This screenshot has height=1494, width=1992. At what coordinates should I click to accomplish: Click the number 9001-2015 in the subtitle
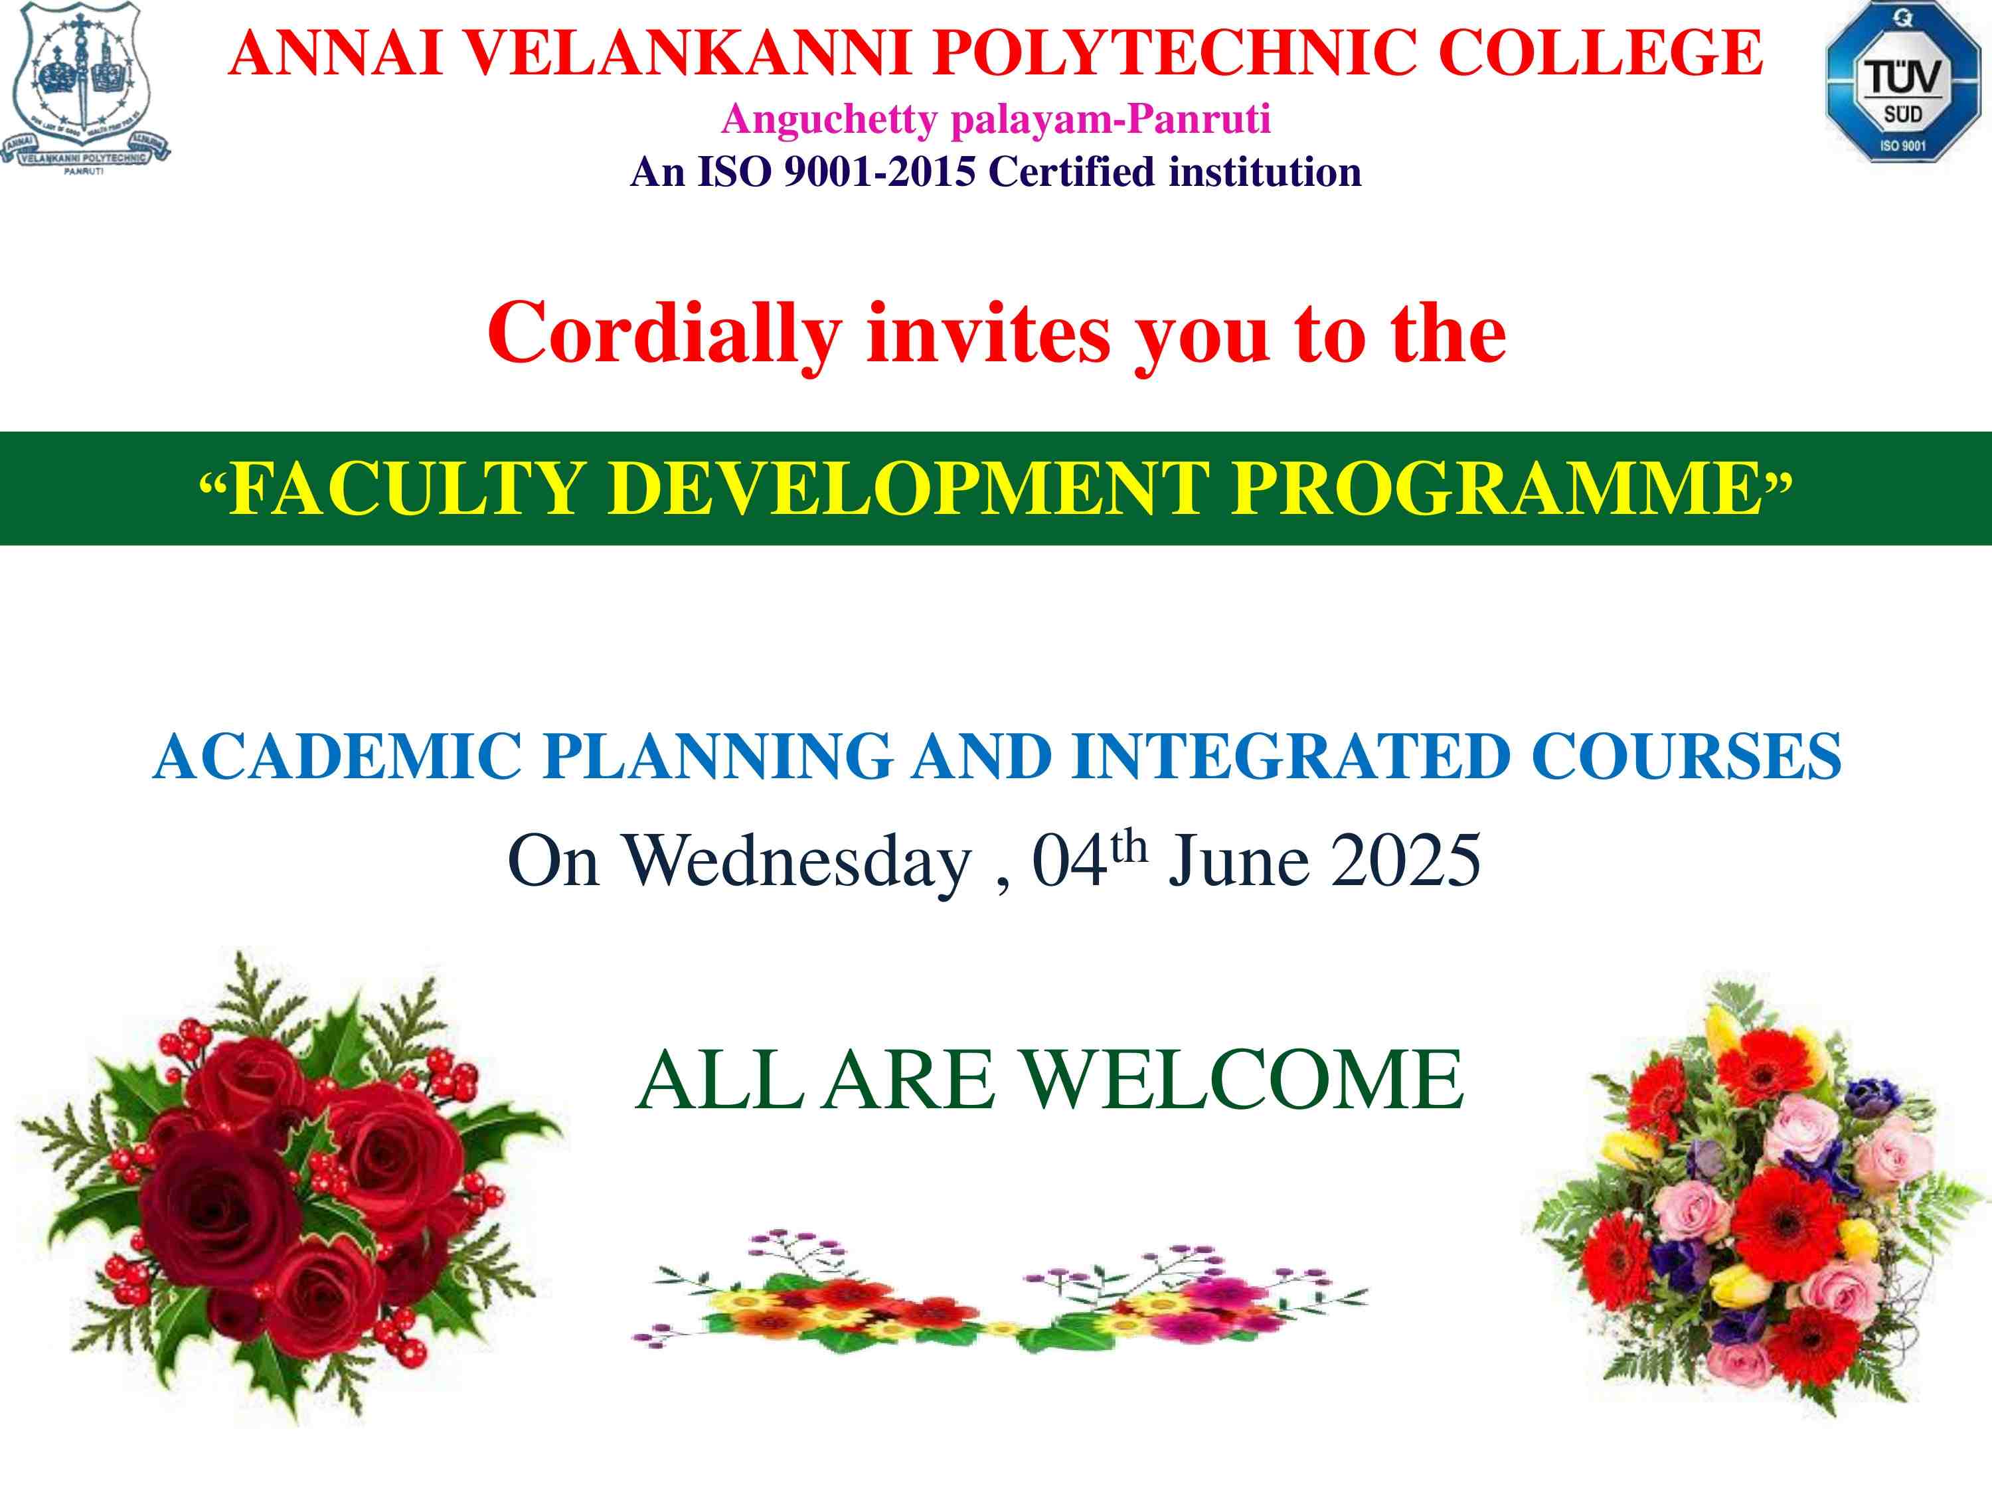[x=880, y=171]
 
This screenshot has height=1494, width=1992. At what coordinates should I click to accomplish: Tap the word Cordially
[x=665, y=334]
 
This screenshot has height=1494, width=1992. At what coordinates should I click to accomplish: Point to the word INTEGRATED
[x=1291, y=756]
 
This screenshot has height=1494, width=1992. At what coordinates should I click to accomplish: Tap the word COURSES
[x=1687, y=756]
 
